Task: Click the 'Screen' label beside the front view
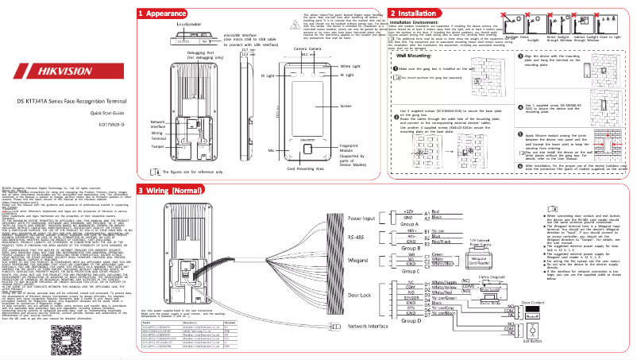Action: click(346, 105)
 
